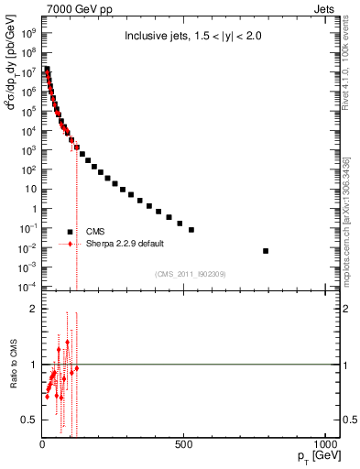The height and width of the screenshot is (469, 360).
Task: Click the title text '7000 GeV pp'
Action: pos(69,7)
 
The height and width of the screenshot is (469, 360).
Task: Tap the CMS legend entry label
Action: pos(96,232)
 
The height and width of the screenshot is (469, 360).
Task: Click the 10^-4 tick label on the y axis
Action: pos(28,288)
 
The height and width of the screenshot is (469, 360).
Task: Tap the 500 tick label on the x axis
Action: pos(184,447)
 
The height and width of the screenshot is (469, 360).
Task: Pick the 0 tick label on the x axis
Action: pos(42,447)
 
